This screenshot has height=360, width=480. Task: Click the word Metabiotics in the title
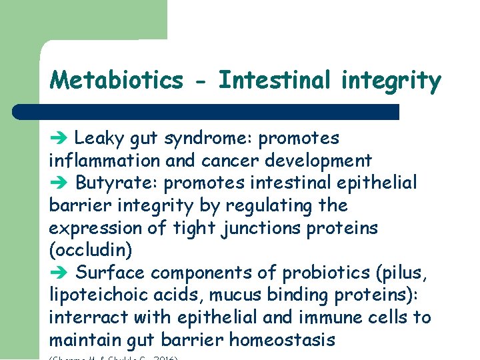(x=116, y=81)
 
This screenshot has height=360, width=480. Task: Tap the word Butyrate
(x=113, y=183)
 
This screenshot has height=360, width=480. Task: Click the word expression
(x=95, y=228)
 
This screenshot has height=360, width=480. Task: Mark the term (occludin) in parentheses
(x=91, y=251)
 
